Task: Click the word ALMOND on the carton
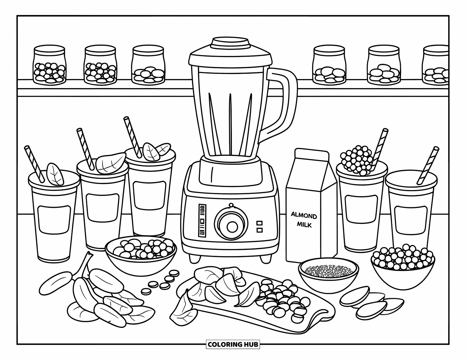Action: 304,216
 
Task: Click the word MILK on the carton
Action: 304,225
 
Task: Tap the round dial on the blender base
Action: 232,226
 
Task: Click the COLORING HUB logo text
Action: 233,344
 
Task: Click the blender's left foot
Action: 194,257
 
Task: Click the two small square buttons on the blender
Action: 259,227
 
